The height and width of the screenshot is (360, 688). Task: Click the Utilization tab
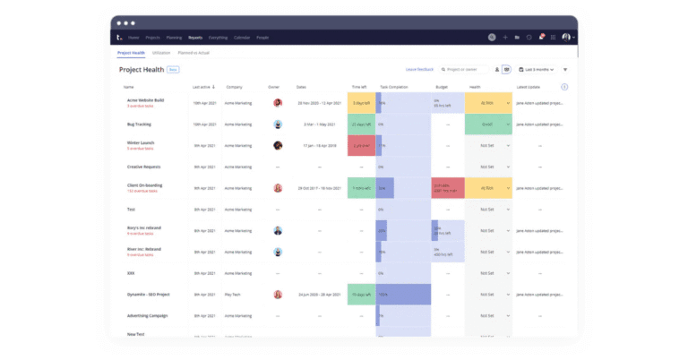tap(161, 53)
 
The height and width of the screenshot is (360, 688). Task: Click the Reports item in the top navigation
tap(194, 38)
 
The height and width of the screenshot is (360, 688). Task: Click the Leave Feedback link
tap(419, 69)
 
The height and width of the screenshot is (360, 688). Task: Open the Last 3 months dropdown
tap(539, 69)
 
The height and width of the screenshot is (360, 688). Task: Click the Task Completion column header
tap(393, 87)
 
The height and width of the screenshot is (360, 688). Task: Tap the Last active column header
tap(202, 87)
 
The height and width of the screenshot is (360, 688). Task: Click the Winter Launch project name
tap(141, 142)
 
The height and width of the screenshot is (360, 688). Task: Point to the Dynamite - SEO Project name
tap(150, 294)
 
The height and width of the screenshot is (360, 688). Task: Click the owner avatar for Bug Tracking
tap(278, 124)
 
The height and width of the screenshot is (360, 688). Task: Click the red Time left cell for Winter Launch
tap(361, 145)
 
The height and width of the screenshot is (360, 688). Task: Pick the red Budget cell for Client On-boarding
tap(446, 188)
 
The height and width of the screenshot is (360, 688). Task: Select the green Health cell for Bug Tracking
tap(487, 124)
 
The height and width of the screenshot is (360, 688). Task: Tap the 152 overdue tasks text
tap(142, 191)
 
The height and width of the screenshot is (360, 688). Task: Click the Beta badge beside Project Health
tap(173, 69)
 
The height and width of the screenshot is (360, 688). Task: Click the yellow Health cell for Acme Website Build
tap(487, 102)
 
